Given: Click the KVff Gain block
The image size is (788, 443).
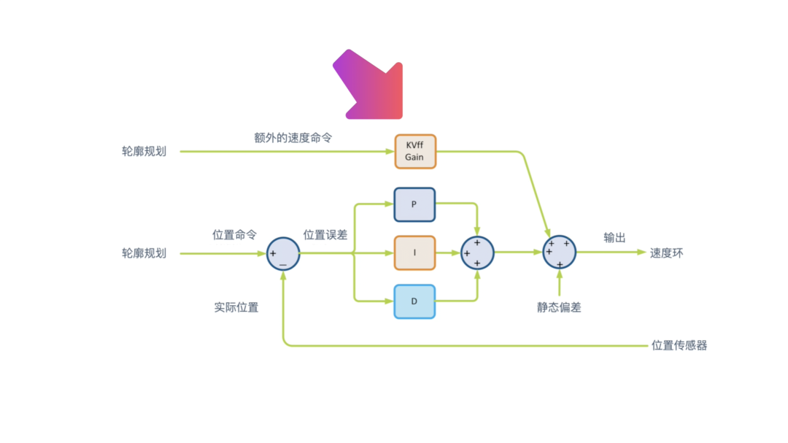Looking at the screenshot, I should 414,151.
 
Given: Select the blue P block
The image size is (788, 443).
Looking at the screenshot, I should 414,204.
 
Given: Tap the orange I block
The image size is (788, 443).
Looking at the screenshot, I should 414,253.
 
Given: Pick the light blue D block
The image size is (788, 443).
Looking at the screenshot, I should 414,301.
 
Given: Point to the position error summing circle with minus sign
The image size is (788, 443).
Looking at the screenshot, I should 283,254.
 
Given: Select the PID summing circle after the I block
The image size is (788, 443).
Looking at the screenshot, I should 477,253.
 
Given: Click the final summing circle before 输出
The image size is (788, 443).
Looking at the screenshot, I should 560,253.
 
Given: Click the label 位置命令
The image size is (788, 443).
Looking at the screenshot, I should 234,235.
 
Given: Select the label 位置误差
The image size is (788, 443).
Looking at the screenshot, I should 325,235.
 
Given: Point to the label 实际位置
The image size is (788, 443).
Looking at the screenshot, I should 236,307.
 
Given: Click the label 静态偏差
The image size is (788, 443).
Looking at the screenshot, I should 559,307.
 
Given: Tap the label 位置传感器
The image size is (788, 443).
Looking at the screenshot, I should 679,345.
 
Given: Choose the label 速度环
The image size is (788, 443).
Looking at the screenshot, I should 667,253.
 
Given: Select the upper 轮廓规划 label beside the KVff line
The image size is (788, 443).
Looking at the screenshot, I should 144,152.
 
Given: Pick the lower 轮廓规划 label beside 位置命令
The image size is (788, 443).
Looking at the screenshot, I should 144,253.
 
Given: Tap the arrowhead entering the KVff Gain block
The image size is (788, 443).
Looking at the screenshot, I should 390,152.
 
